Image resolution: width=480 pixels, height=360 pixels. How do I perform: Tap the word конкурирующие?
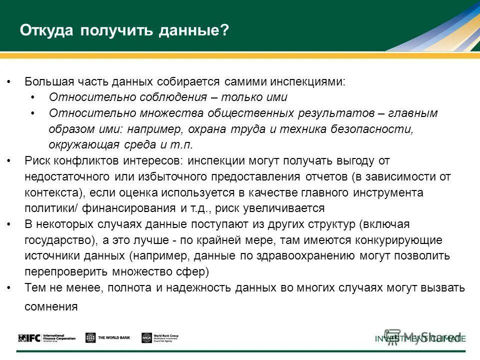coord(397,240)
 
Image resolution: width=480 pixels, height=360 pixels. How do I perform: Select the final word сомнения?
coord(51,306)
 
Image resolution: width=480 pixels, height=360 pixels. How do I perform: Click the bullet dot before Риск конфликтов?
coord(10,161)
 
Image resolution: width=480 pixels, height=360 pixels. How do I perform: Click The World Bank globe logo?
coord(90,338)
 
